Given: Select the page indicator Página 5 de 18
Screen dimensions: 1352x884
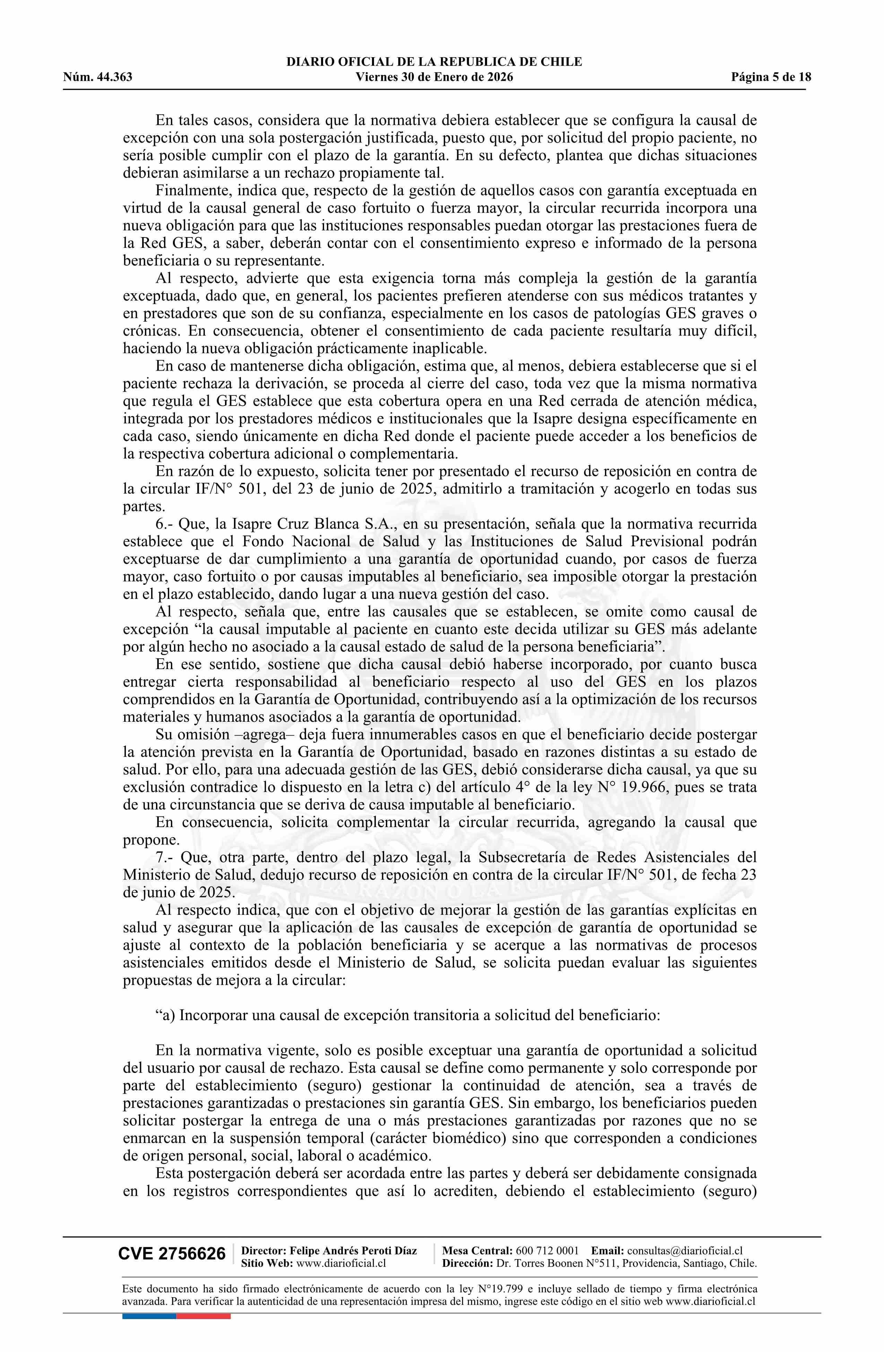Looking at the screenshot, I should point(771,77).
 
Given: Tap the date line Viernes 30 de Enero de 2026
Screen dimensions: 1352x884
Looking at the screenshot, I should point(434,77).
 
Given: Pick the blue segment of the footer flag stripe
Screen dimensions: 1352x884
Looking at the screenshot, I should point(149,1300).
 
